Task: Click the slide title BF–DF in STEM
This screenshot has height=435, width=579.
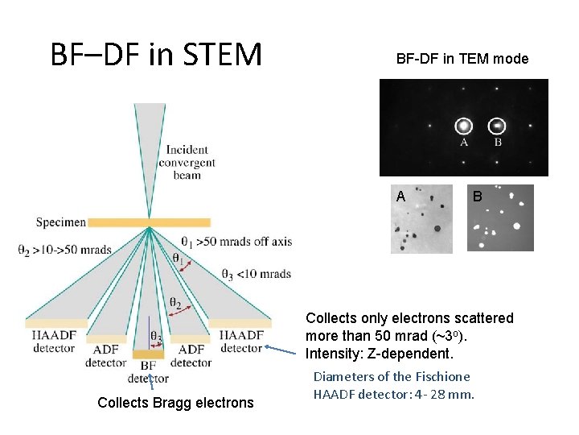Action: tap(156, 54)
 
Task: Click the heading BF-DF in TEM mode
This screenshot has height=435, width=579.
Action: tap(462, 59)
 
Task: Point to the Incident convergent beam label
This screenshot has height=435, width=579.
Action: tap(187, 162)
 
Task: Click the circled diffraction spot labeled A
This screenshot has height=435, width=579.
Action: tap(463, 126)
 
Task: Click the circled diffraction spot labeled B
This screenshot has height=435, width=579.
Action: tap(498, 126)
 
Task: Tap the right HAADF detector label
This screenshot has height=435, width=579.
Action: tap(240, 342)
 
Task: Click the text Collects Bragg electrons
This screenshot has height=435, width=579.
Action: tap(175, 403)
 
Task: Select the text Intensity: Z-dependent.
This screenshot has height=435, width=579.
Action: tap(380, 354)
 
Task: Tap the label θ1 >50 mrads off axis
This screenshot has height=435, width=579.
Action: tap(236, 241)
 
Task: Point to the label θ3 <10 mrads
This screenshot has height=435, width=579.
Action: tap(255, 274)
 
